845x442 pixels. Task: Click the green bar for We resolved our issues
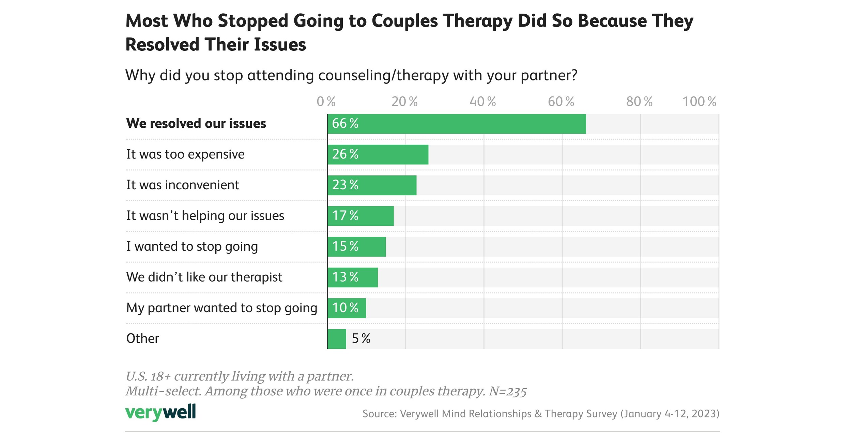pyautogui.click(x=457, y=124)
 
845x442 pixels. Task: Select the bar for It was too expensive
pyautogui.click(x=378, y=155)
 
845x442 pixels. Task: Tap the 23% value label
pyautogui.click(x=345, y=185)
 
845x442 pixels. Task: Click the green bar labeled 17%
pyautogui.click(x=360, y=216)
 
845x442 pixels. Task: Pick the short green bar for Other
pyautogui.click(x=337, y=339)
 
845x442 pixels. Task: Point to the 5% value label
pyautogui.click(x=361, y=339)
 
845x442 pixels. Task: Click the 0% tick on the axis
pyautogui.click(x=326, y=102)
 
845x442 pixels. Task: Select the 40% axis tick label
pyautogui.click(x=482, y=102)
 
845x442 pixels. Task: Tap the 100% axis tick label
pyautogui.click(x=699, y=102)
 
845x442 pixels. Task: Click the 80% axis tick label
pyautogui.click(x=639, y=102)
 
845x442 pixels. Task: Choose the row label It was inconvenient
pyautogui.click(x=183, y=185)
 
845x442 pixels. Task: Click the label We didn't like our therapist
pyautogui.click(x=204, y=277)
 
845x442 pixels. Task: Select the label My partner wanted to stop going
pyautogui.click(x=221, y=308)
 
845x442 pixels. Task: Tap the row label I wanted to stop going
pyautogui.click(x=192, y=247)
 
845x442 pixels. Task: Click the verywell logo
pyautogui.click(x=160, y=413)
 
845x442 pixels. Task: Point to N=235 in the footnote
pyautogui.click(x=508, y=392)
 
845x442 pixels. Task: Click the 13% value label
pyautogui.click(x=345, y=277)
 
